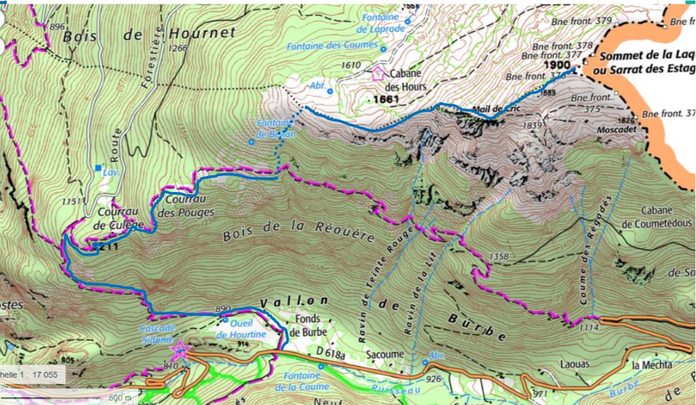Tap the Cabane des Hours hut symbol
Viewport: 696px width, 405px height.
pyautogui.click(x=379, y=72)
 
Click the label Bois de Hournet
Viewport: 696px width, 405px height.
pyautogui.click(x=149, y=34)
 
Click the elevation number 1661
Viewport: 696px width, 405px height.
pyautogui.click(x=386, y=99)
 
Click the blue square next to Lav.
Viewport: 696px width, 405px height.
pyautogui.click(x=97, y=168)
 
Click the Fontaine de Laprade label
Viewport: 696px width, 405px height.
pyautogui.click(x=381, y=24)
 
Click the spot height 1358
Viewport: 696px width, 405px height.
pyautogui.click(x=499, y=256)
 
